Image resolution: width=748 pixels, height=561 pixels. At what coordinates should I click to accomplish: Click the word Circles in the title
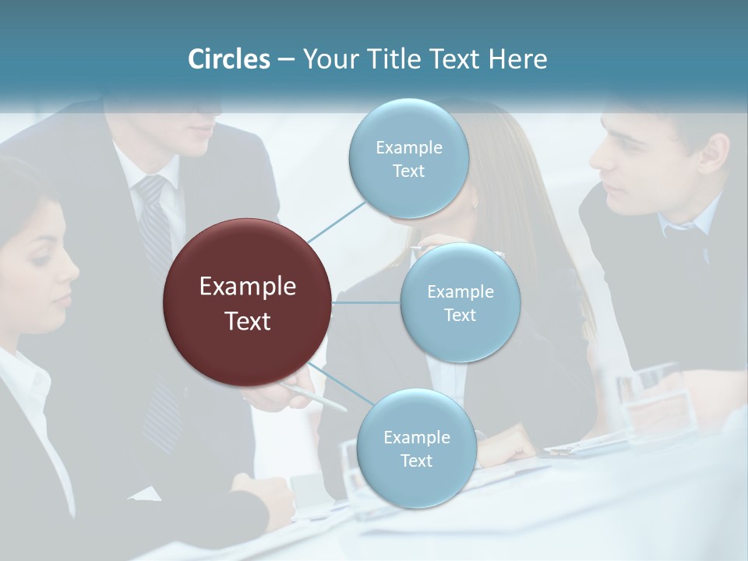[229, 59]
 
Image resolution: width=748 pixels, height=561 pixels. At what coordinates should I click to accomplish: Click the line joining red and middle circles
[366, 302]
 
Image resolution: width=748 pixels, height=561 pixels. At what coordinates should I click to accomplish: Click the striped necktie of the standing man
[155, 226]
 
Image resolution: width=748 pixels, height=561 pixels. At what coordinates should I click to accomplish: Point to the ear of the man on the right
[711, 156]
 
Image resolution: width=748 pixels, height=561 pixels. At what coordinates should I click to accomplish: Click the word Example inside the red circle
[248, 287]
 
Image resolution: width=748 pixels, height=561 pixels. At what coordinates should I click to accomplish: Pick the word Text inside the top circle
[408, 171]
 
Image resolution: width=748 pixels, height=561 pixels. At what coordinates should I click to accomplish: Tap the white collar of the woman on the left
[23, 382]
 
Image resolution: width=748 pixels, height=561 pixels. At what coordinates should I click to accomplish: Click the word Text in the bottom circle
[416, 461]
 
